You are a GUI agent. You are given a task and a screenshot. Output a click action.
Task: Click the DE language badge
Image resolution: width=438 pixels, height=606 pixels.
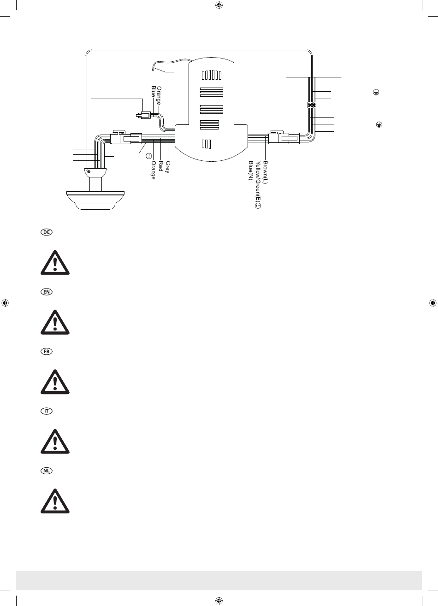46,233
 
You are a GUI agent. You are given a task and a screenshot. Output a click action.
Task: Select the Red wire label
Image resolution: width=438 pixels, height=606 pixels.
161,165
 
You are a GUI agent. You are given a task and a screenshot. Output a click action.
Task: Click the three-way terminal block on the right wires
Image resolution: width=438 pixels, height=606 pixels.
312,105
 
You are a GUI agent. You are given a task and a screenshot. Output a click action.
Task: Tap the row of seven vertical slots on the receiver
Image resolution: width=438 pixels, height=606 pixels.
211,75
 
